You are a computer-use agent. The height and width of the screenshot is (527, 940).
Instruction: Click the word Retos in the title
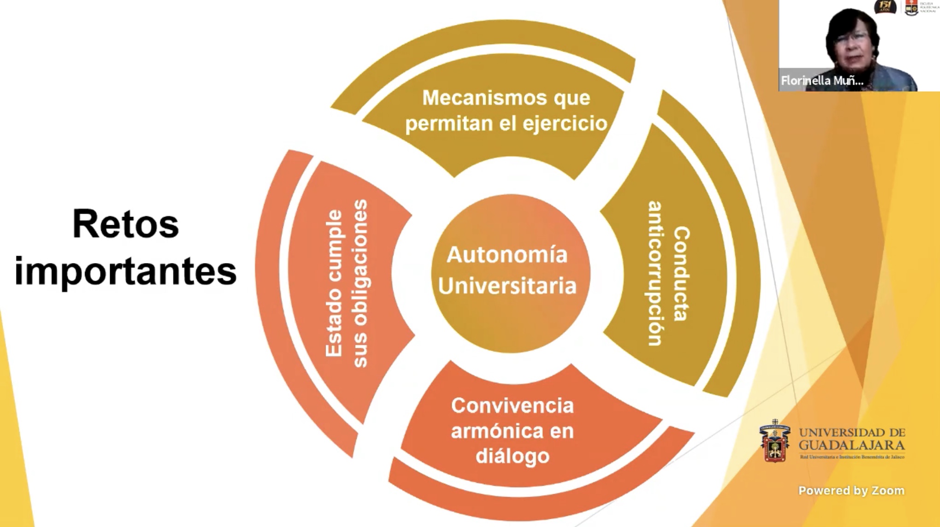pyautogui.click(x=125, y=225)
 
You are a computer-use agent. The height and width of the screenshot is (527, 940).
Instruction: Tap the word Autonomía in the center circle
pyautogui.click(x=507, y=255)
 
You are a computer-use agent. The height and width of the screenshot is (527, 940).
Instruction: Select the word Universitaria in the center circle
pyautogui.click(x=507, y=286)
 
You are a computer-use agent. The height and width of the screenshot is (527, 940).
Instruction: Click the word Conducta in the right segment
pyautogui.click(x=681, y=274)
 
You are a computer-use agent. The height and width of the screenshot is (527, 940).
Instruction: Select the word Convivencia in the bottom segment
pyautogui.click(x=512, y=406)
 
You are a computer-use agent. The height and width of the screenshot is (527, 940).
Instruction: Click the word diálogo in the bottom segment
pyautogui.click(x=512, y=456)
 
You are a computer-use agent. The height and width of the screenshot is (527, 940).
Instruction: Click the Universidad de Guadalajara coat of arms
pyautogui.click(x=775, y=441)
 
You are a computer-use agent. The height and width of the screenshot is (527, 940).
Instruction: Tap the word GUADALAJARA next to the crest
pyautogui.click(x=852, y=445)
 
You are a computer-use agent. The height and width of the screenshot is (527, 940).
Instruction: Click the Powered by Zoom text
pyautogui.click(x=851, y=491)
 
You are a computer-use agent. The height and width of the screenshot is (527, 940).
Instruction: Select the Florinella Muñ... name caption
pyautogui.click(x=822, y=81)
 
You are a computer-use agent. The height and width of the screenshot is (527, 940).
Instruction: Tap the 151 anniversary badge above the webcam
pyautogui.click(x=885, y=6)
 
